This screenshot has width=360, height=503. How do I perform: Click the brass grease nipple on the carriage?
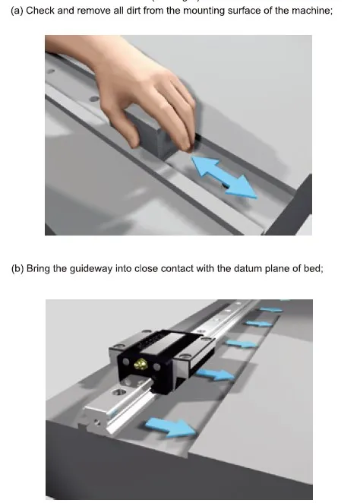coord(141,366)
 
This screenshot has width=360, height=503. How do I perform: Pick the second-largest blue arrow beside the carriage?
coord(214,374)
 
